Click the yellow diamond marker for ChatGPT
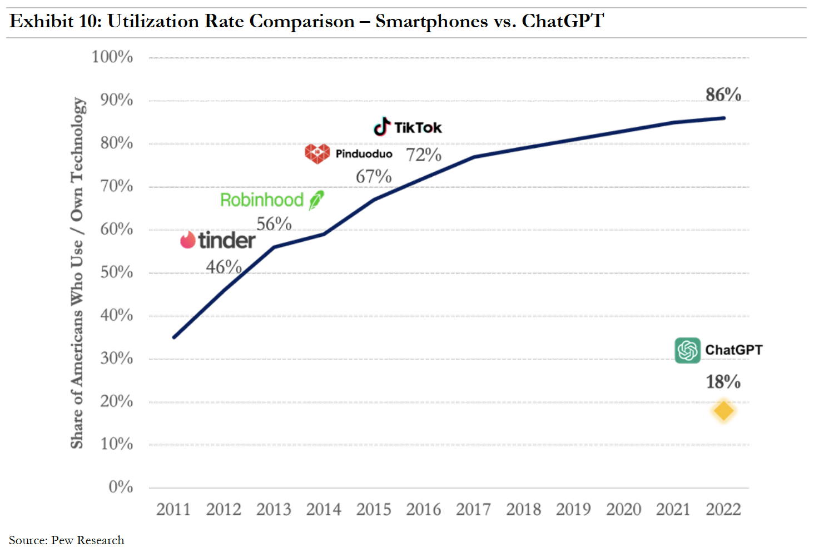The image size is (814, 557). click(x=723, y=411)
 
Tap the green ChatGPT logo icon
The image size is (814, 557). click(x=687, y=350)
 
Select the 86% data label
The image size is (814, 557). click(x=723, y=95)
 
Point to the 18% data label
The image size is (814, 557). click(x=723, y=382)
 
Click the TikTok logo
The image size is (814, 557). click(x=407, y=127)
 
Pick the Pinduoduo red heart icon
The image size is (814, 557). click(x=317, y=153)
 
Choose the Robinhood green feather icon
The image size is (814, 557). click(x=316, y=200)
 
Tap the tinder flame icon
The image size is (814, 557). click(x=188, y=240)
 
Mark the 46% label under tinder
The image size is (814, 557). click(x=224, y=267)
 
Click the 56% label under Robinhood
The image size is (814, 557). click(x=274, y=224)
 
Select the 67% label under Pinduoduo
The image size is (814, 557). click(x=374, y=177)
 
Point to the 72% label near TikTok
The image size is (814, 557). click(x=423, y=155)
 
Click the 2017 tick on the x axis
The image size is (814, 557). click(x=473, y=509)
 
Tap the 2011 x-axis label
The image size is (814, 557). click(x=173, y=509)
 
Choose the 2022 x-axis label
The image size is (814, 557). click(x=723, y=509)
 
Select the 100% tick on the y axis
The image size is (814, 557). click(x=112, y=57)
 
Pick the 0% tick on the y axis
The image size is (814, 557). click(x=121, y=487)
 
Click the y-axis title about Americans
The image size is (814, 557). click(x=78, y=272)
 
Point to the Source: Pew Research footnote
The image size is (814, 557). click(x=67, y=540)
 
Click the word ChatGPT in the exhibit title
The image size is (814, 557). click(x=562, y=21)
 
